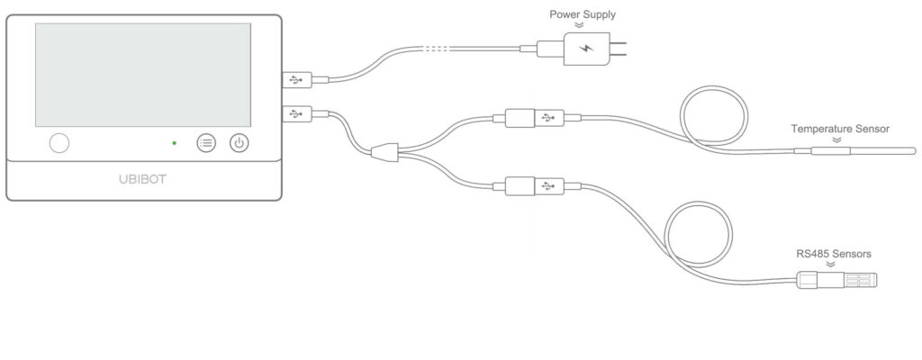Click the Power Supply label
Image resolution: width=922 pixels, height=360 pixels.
click(583, 14)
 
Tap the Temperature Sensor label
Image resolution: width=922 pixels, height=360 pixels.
click(840, 129)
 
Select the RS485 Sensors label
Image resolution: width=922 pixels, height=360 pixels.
click(833, 254)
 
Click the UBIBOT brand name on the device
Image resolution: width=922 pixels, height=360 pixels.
click(142, 178)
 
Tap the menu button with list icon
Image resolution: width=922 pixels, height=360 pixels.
click(206, 143)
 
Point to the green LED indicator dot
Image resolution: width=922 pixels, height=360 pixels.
click(174, 143)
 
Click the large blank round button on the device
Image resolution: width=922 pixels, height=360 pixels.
click(59, 143)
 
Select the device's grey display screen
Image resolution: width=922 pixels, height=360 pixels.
click(142, 75)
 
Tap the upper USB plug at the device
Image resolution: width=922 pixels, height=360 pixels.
click(296, 79)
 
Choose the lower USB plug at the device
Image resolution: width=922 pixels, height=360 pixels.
click(296, 114)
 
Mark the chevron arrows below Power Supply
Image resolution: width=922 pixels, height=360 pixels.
click(579, 26)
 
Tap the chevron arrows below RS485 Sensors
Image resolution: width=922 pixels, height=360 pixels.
click(833, 265)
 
